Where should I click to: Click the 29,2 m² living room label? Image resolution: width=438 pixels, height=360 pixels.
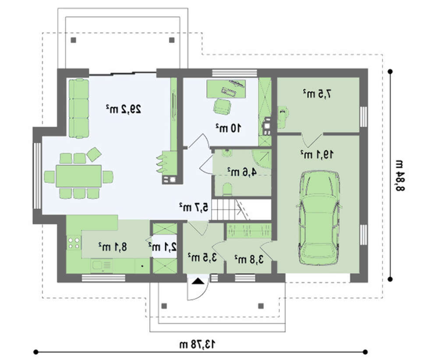124,109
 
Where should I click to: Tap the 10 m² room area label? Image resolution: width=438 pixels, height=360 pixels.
228,128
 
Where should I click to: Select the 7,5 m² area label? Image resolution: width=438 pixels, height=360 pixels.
317,94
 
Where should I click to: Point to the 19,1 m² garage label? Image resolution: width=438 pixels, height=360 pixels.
317,154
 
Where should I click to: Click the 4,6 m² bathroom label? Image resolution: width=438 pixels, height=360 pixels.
242,172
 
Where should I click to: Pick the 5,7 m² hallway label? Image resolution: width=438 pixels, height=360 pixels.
194,207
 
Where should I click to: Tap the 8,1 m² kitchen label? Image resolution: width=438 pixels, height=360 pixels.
113,247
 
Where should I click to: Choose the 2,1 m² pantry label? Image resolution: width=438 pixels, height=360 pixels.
162,247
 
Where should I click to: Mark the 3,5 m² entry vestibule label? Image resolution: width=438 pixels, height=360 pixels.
202,257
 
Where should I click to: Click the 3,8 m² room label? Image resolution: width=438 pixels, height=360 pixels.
249,259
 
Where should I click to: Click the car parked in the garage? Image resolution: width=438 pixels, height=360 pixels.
319,218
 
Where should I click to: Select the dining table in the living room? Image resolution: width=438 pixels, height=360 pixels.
78,176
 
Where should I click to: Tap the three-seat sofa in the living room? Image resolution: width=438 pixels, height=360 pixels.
79,108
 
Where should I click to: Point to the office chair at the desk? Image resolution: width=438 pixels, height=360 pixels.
223,106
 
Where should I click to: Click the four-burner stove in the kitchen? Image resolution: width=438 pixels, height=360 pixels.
74,243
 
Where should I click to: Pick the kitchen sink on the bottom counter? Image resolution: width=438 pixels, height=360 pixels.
102,265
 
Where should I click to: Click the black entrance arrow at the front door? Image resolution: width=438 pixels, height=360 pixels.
198,281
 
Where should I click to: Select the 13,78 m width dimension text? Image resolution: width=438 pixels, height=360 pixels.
198,344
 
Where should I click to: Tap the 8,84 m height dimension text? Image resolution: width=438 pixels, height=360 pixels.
400,175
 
